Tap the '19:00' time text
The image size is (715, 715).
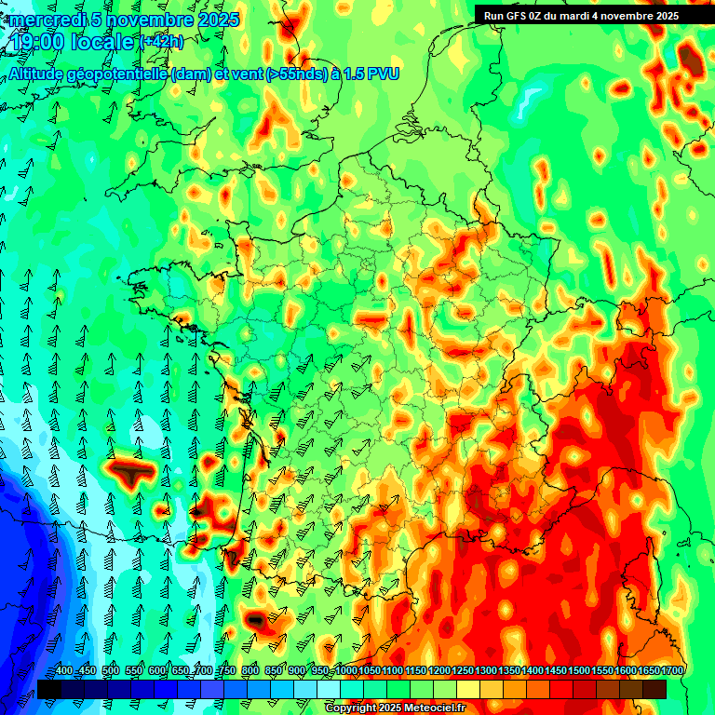[x=36, y=42]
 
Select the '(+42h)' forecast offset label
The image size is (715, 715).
[x=161, y=42]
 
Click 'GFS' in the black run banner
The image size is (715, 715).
[x=515, y=16]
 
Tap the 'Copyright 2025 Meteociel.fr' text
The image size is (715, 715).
[x=395, y=708]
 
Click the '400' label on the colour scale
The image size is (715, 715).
[x=63, y=671]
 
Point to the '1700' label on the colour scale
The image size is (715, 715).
[x=671, y=671]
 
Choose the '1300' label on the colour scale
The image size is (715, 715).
[x=485, y=671]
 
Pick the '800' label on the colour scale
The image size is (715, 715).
[x=250, y=671]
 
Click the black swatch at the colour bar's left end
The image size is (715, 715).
[x=49, y=689]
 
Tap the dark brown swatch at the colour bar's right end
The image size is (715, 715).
[x=654, y=689]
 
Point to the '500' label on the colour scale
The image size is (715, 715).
[x=110, y=671]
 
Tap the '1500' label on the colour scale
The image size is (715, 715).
[x=578, y=671]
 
